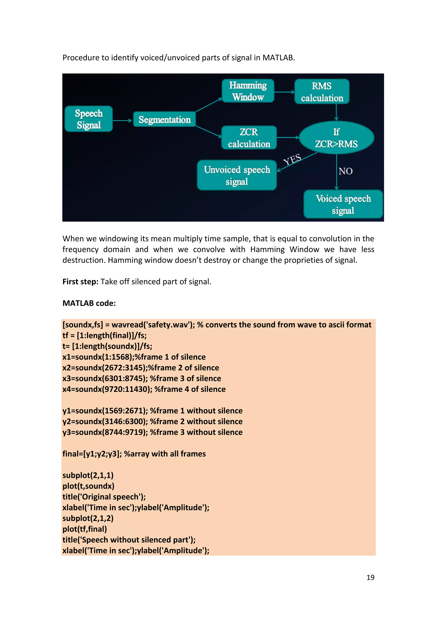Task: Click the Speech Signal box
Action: [x=89, y=119]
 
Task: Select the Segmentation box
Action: [x=165, y=119]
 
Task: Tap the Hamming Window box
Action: [x=248, y=91]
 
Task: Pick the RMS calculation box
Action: [x=322, y=92]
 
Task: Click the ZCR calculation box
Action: [x=249, y=138]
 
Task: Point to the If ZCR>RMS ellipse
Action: [x=336, y=138]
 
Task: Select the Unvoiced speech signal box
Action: [x=237, y=175]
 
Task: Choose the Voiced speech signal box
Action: [x=343, y=204]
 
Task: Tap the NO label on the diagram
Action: [x=345, y=171]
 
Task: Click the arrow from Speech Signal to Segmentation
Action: [x=122, y=121]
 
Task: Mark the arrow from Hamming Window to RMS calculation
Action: [x=284, y=92]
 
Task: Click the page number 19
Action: [x=370, y=577]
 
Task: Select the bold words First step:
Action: [x=80, y=281]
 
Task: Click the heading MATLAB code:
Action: [x=89, y=303]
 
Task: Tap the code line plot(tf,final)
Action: [x=85, y=529]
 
